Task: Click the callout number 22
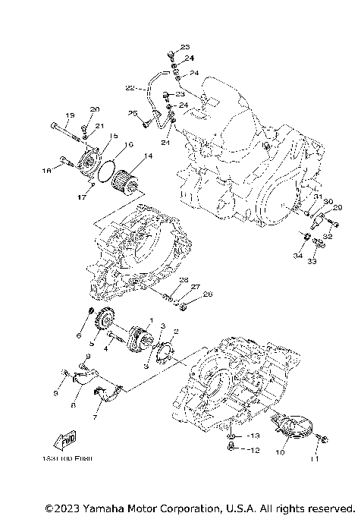click(x=130, y=89)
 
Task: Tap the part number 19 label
click(x=69, y=115)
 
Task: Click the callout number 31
click(x=308, y=197)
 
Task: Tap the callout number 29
click(x=337, y=207)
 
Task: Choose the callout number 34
click(x=298, y=256)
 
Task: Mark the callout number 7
click(x=96, y=417)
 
